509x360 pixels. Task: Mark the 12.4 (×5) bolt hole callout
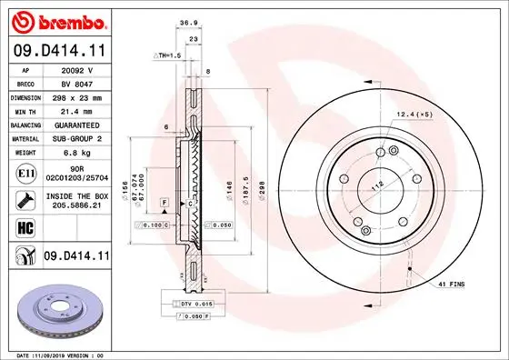[414, 114]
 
